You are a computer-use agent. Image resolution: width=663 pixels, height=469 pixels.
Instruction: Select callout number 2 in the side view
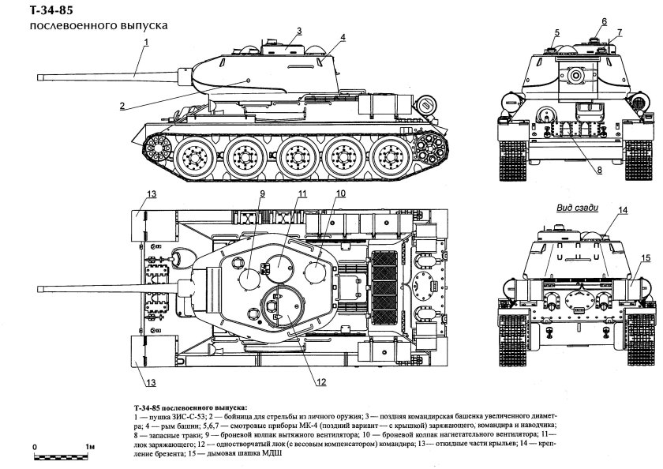pyautogui.click(x=122, y=106)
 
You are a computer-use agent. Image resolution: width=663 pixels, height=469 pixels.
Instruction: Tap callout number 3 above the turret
pyautogui.click(x=299, y=31)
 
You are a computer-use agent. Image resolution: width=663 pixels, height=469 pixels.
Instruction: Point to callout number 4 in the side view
pyautogui.click(x=343, y=37)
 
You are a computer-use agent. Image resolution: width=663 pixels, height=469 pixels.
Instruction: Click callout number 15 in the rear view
pyautogui.click(x=645, y=257)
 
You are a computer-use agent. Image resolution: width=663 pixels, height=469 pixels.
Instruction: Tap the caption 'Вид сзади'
pyautogui.click(x=577, y=208)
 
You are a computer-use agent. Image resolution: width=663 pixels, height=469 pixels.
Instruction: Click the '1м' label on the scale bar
pyautogui.click(x=90, y=447)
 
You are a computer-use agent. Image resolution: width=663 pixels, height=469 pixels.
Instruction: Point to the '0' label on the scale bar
pyautogui.click(x=35, y=447)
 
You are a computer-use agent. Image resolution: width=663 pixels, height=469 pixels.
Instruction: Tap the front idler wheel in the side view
pyautogui.click(x=156, y=144)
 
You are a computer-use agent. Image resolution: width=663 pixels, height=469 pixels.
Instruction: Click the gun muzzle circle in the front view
pyautogui.click(x=575, y=75)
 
